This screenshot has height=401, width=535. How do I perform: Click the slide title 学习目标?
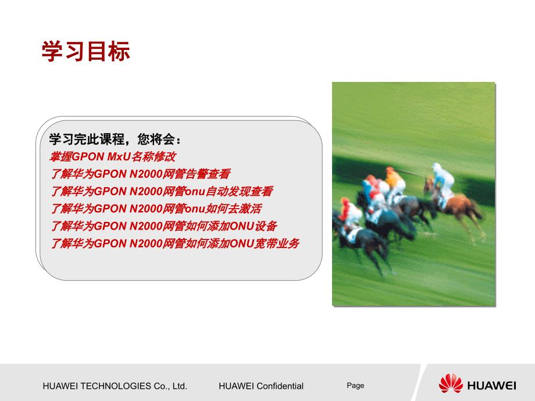click(x=85, y=52)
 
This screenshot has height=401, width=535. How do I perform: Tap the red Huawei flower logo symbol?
click(x=451, y=384)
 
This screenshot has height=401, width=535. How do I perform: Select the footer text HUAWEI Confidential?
click(x=261, y=386)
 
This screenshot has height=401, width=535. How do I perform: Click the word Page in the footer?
click(x=355, y=385)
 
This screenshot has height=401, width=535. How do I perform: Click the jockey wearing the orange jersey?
click(x=395, y=181)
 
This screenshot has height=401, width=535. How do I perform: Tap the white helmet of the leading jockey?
click(x=437, y=167)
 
